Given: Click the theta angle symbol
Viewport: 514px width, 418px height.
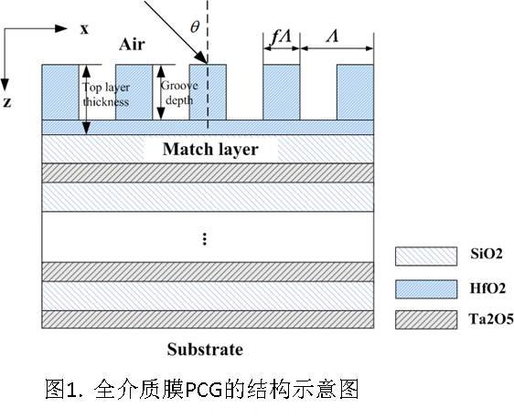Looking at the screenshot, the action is [195, 26].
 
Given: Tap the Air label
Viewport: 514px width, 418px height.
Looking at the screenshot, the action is [132, 44].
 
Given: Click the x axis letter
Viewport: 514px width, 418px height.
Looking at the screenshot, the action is [84, 29].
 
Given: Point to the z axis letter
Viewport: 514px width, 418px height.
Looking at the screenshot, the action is [7, 102].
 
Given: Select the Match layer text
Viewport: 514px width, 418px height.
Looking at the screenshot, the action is [210, 149].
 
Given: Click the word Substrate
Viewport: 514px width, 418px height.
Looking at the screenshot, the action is [205, 350].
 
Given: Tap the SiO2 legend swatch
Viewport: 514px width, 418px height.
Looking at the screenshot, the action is [426, 256].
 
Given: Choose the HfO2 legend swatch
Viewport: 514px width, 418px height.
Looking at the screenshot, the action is [426, 288].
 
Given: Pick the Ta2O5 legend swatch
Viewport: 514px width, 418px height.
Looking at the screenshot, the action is [426, 319].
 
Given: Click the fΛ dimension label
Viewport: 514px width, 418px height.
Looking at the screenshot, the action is [281, 37].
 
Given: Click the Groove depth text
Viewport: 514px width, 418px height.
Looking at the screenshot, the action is [179, 93].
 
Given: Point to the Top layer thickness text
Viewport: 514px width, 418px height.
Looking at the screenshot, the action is [106, 95].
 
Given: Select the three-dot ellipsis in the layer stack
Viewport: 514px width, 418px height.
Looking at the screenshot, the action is [205, 239].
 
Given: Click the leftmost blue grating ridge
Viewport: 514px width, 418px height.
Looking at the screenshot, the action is [60, 92].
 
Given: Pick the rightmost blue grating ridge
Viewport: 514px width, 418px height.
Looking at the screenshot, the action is [356, 92].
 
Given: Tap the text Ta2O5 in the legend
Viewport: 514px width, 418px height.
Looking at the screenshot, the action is [491, 319].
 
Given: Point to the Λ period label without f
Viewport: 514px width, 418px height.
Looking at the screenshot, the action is [332, 36].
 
